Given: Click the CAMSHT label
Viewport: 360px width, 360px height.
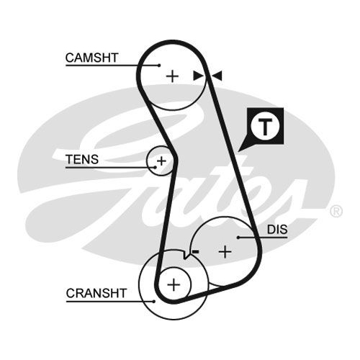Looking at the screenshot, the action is click(91, 58).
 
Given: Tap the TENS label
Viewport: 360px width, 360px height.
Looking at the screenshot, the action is click(82, 159).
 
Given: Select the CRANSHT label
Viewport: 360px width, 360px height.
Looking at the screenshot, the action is click(96, 293).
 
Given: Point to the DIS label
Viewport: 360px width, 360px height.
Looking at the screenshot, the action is click(277, 230).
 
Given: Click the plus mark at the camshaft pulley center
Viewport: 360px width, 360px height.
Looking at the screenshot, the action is click(172, 76).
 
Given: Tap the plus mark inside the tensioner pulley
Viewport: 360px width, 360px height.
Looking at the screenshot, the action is click(161, 161).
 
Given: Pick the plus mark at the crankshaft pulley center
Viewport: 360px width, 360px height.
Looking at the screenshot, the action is click(174, 285).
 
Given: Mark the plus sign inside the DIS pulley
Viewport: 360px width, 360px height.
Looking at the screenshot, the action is click(225, 252).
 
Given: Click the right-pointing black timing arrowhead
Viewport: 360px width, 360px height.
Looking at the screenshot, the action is click(198, 76).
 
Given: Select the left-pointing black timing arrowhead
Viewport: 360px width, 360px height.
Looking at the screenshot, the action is click(217, 76).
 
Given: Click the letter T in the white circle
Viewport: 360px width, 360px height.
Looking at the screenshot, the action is click(265, 127).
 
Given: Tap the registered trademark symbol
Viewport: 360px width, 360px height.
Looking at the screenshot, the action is click(336, 211).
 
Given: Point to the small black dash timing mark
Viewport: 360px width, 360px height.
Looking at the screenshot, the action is click(195, 251).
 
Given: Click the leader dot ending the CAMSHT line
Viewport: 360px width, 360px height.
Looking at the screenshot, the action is click(159, 65).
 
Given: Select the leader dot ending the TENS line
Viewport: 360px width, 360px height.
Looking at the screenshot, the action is click(156, 167).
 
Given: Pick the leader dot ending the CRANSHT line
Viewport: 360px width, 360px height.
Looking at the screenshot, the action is click(154, 301).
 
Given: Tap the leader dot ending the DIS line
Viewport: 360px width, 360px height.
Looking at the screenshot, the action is click(238, 238).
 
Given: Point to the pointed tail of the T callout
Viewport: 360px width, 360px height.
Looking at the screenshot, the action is click(238, 151).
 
